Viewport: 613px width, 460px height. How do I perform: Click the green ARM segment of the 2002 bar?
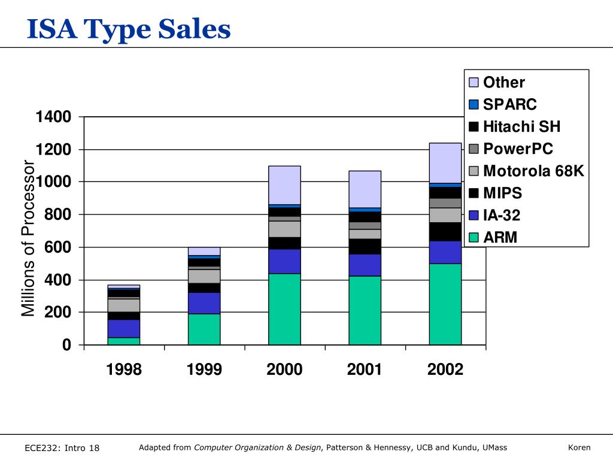click(445, 304)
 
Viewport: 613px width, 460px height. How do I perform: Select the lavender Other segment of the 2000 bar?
click(284, 185)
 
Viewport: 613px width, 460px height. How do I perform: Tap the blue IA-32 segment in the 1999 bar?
click(204, 303)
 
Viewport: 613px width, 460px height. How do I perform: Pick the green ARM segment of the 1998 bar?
click(124, 341)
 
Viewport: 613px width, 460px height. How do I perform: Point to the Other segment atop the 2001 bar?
click(365, 189)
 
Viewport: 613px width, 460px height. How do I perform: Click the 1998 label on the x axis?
click(124, 370)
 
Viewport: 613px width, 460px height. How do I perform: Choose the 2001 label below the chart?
click(365, 370)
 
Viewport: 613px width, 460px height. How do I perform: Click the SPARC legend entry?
click(510, 105)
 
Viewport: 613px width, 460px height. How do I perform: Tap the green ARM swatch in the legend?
click(474, 238)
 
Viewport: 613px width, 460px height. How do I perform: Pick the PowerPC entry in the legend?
click(518, 149)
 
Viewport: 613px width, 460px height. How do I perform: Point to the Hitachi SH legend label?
click(521, 127)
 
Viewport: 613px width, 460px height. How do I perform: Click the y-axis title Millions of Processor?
click(29, 238)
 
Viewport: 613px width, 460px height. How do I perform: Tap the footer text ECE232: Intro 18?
click(62, 448)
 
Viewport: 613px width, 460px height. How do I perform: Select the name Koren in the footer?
click(579, 447)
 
